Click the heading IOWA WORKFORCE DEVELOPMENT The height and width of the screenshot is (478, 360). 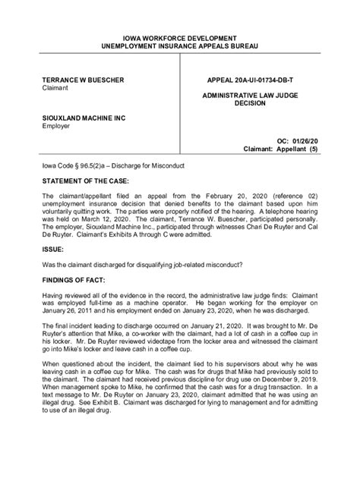[179, 37]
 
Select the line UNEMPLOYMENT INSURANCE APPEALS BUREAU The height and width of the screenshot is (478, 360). [179, 46]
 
